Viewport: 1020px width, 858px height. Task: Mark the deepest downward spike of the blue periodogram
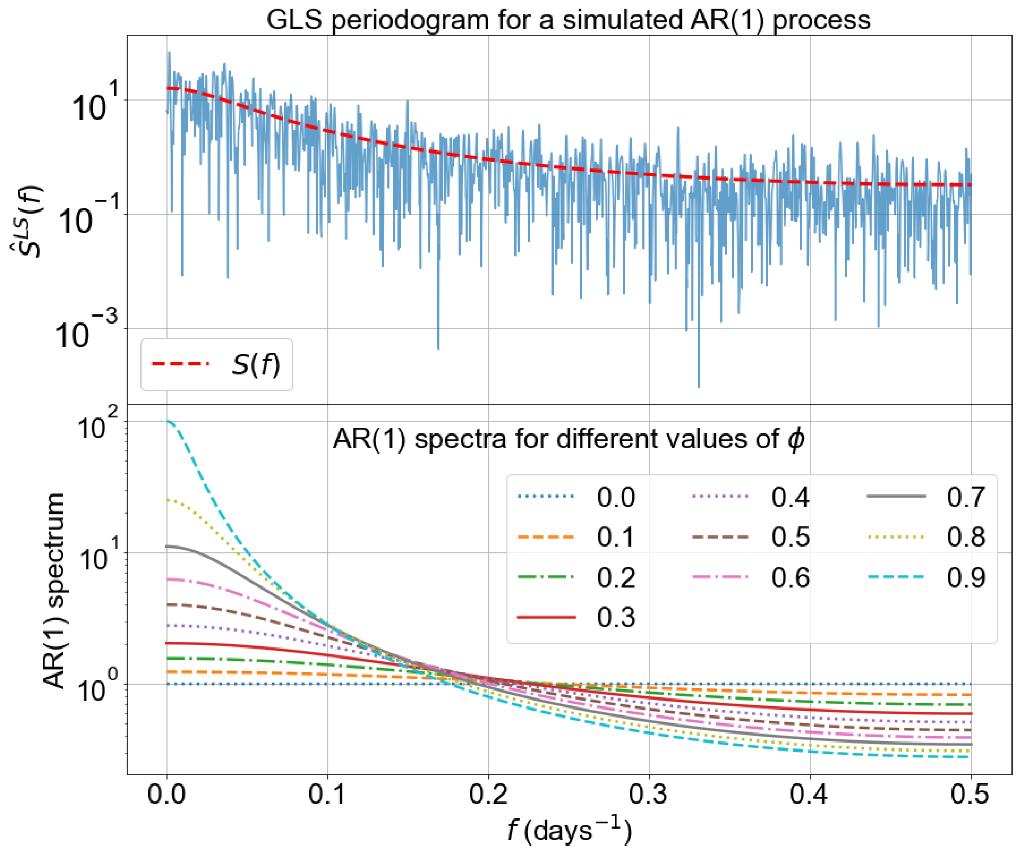(x=699, y=387)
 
